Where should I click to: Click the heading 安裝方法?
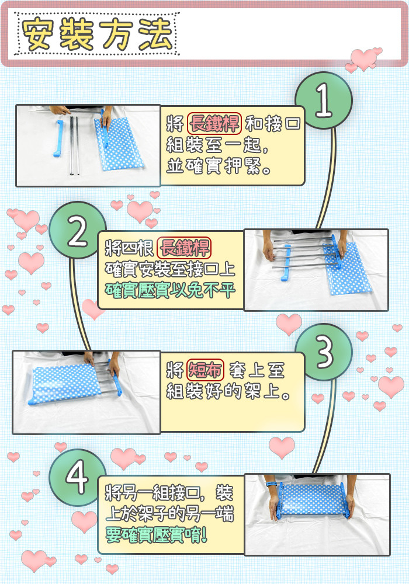(97, 34)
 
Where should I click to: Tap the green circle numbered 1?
(323, 100)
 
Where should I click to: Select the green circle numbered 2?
(78, 230)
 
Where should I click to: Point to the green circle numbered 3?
(323, 352)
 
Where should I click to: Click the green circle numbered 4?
(78, 477)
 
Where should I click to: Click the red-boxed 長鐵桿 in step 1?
(214, 123)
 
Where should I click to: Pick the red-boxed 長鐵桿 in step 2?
(184, 248)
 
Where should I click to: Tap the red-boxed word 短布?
(205, 370)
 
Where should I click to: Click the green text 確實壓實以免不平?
(170, 290)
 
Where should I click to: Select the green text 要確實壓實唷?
(156, 535)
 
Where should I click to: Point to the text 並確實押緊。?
(219, 166)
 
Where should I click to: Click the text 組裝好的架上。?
(228, 391)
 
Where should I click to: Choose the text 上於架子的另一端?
(169, 513)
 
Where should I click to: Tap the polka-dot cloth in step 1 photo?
(119, 144)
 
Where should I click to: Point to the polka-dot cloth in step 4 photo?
(313, 500)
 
